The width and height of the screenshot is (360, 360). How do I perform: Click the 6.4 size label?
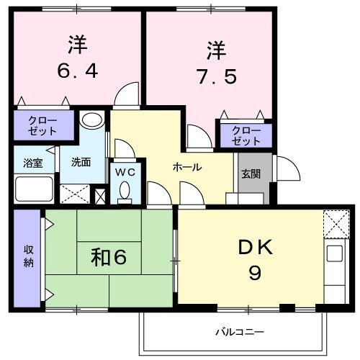click(x=78, y=71)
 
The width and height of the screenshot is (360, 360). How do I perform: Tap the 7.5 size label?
click(x=216, y=76)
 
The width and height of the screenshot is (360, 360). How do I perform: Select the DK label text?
click(x=256, y=247)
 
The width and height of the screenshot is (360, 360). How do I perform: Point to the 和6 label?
click(x=109, y=258)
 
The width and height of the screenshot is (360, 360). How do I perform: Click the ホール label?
click(x=187, y=167)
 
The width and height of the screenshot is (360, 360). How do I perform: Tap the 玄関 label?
click(x=251, y=174)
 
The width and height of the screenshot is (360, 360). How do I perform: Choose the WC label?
click(x=125, y=172)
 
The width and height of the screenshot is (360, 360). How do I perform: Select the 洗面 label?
click(x=81, y=162)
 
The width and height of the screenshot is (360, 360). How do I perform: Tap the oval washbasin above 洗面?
click(x=92, y=120)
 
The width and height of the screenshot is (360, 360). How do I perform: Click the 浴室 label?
click(x=33, y=163)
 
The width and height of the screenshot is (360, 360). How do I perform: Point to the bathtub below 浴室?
click(x=34, y=189)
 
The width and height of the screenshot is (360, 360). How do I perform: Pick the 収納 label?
click(x=29, y=256)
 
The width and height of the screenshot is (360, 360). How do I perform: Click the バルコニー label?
click(x=240, y=332)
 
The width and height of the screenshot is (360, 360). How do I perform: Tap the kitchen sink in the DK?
click(x=335, y=253)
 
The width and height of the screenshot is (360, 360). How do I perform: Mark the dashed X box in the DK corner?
click(x=336, y=224)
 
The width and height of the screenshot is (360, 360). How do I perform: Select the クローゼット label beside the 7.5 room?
click(x=246, y=136)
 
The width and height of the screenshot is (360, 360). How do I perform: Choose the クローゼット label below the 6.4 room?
click(x=42, y=125)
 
